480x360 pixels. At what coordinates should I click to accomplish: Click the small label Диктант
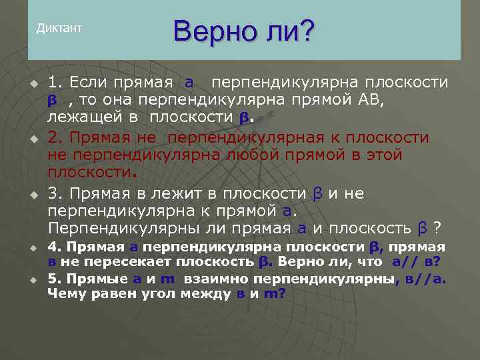[x=59, y=28]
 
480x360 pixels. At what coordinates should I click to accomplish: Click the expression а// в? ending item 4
[x=417, y=262]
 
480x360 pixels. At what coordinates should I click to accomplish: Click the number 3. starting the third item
[x=55, y=193]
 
